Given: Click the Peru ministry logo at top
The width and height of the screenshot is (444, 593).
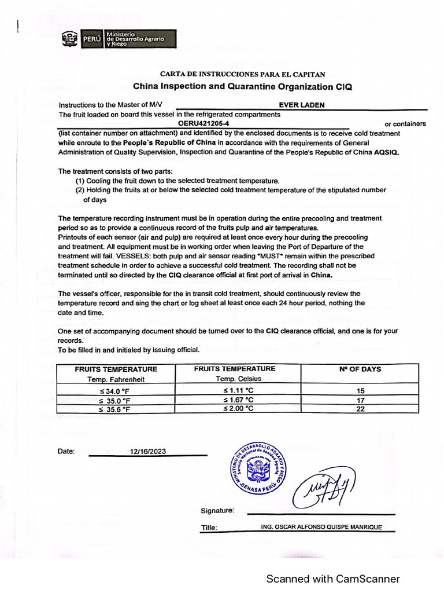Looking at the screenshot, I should (119, 38).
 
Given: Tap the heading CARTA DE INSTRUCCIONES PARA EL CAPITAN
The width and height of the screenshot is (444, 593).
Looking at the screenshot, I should (242, 74).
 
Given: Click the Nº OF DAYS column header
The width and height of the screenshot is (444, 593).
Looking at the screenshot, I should (359, 369).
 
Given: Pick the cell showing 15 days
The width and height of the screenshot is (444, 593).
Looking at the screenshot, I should (359, 391).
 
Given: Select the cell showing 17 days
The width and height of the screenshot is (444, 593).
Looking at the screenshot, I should (359, 400).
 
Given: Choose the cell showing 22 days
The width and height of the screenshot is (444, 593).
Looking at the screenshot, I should (359, 408).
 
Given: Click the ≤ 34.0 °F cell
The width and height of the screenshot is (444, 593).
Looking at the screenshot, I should (115, 391).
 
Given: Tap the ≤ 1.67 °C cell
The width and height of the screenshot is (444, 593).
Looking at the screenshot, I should (238, 400).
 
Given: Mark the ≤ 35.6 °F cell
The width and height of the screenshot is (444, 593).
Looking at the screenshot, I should (115, 409).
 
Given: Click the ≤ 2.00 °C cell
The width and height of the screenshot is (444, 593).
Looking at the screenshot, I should (238, 408).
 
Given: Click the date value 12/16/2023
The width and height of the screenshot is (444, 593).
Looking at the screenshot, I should (148, 451).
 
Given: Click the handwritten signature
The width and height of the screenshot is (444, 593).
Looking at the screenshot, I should (324, 488).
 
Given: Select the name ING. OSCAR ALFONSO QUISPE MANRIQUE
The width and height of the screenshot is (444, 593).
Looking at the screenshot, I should (321, 527).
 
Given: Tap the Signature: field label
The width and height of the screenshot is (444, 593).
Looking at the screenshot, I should (217, 511).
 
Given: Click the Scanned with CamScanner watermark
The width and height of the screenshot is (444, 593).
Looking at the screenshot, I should (332, 579).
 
